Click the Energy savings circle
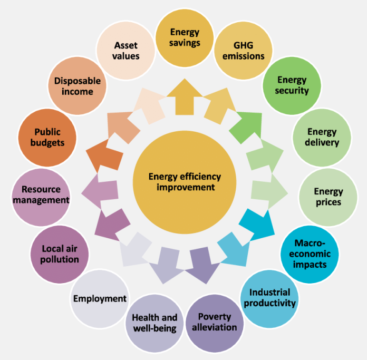pyautogui.click(x=185, y=38)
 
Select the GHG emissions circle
pyautogui.click(x=243, y=51)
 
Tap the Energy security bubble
pyautogui.click(x=292, y=85)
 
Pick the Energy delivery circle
pyautogui.click(x=322, y=138)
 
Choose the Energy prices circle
pyautogui.click(x=328, y=197)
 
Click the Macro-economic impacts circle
pyautogui.click(x=310, y=254)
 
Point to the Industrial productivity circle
pyautogui.click(x=269, y=299)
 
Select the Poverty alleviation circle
pyautogui.click(x=215, y=323)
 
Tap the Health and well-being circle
pyautogui.click(x=154, y=323)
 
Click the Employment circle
pyautogui.click(x=100, y=299)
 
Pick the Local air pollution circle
pyautogui.click(x=60, y=254)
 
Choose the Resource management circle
pyautogui.click(x=41, y=197)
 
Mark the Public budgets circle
pyautogui.click(x=47, y=138)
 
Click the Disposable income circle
pyautogui.click(x=77, y=85)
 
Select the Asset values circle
pyautogui.click(x=125, y=51)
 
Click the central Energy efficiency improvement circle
pyautogui.click(x=185, y=182)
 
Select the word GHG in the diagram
pyautogui.click(x=243, y=45)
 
